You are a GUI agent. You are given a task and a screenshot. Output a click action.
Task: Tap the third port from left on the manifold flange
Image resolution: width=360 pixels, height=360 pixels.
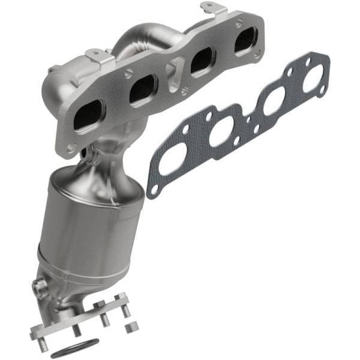tap(202, 62)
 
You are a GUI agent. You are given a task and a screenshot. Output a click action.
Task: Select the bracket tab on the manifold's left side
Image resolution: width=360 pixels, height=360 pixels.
tap(98, 56)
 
